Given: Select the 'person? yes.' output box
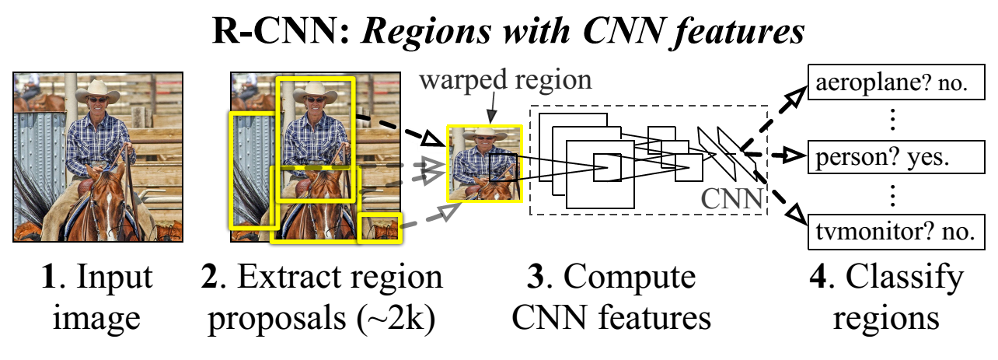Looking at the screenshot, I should click(x=892, y=158).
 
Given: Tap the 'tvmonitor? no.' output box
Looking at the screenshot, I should click(x=892, y=231).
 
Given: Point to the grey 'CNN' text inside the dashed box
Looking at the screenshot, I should click(x=732, y=198).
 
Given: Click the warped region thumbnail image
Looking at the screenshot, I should click(x=484, y=164).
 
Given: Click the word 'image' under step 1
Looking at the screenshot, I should click(x=99, y=318).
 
